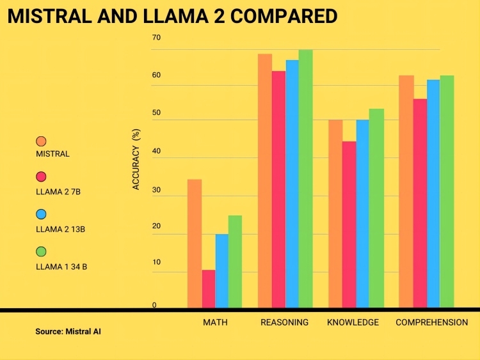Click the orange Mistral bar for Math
pos(195,243)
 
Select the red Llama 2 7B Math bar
pos(209,288)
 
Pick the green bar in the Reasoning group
pos(306,178)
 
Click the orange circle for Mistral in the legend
pos(42,141)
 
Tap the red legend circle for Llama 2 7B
pos(42,176)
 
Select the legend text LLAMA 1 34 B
pos(62,267)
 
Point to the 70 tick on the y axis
pos(156,38)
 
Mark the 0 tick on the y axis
pos(154,305)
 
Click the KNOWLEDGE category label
pos(353,322)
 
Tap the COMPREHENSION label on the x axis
pos(431,322)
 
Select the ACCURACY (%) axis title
pos(136,159)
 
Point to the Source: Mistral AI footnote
pos(68,332)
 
